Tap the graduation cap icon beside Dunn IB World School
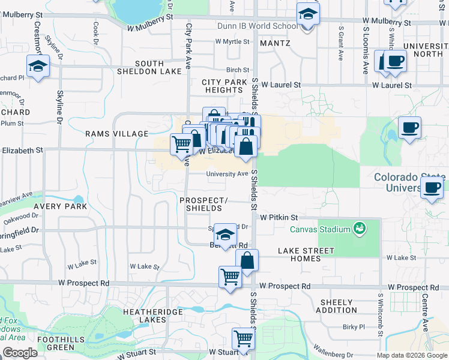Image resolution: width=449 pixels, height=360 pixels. point(308,14)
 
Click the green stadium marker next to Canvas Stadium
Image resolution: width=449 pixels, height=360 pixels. point(359,228)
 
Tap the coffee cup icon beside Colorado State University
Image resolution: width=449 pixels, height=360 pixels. point(432,188)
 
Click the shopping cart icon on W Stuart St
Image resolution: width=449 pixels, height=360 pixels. point(243,339)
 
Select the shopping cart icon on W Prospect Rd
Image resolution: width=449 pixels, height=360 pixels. point(230,277)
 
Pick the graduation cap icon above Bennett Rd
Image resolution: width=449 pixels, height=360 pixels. point(225,235)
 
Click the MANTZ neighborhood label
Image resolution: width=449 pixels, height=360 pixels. point(276,43)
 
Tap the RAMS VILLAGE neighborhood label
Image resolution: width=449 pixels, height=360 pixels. point(116,134)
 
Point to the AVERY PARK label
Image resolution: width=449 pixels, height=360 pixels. point(61,206)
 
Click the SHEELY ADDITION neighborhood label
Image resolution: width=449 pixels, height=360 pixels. point(339,306)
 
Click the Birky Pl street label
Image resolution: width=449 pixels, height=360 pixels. point(354,327)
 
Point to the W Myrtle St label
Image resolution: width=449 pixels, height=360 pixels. point(232,41)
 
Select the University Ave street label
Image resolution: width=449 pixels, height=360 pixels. point(227,174)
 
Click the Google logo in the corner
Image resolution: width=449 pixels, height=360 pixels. point(20,352)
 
